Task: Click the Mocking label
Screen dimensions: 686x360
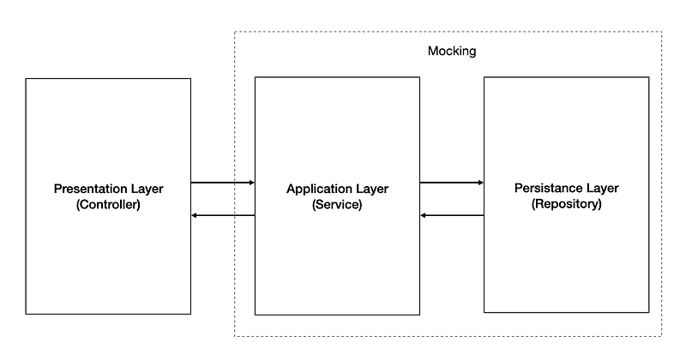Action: coord(452,51)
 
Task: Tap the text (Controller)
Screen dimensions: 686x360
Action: coord(108,204)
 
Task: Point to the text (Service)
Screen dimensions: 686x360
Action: coord(337,204)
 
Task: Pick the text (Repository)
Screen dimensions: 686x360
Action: coord(567,204)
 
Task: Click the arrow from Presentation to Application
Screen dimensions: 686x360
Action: coord(223,183)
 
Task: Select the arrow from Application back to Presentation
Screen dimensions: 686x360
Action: coord(223,215)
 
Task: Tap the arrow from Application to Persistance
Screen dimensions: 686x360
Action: coord(452,183)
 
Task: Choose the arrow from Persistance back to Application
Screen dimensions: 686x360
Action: coord(452,215)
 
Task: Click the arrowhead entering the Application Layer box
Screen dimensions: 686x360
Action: coord(252,183)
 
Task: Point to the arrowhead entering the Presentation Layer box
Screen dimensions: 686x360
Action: coord(195,215)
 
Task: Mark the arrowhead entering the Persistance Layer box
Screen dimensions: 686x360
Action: coord(481,183)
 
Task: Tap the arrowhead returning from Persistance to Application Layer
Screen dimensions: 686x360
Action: coord(423,215)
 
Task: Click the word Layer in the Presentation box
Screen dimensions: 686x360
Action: coord(147,189)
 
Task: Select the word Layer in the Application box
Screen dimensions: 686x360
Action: coord(372,189)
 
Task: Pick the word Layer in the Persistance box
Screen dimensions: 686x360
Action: coord(603,189)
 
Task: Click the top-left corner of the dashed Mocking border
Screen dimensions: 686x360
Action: coord(234,32)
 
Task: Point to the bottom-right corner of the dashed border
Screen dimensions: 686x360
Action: coord(661,336)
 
